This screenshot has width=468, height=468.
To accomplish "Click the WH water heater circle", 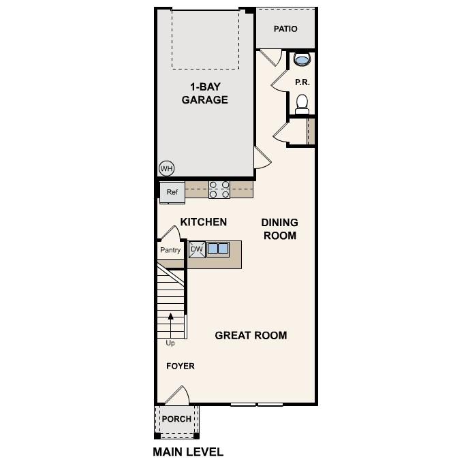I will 166,168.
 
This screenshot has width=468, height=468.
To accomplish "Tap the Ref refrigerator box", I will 172,192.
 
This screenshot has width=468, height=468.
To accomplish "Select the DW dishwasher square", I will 197,249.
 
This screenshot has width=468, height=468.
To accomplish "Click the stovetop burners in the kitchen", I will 219,189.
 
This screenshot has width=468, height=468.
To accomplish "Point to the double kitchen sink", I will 218,249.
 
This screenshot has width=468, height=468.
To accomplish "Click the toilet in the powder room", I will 302,104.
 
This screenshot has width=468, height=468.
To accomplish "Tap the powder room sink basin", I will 302,61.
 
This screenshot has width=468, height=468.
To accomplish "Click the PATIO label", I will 285,29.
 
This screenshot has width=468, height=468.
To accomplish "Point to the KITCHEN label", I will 203,222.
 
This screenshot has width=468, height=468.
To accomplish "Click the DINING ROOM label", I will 279,229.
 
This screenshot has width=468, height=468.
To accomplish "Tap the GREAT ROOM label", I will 251,335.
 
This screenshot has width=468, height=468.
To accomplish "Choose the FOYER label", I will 181,366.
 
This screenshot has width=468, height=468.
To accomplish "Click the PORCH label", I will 176,419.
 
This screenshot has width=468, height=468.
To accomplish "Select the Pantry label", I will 170,250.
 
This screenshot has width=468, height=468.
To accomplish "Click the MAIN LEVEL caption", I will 188,452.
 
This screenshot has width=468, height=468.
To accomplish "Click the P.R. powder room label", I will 302,82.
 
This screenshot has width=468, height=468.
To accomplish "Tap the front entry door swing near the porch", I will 178,395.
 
